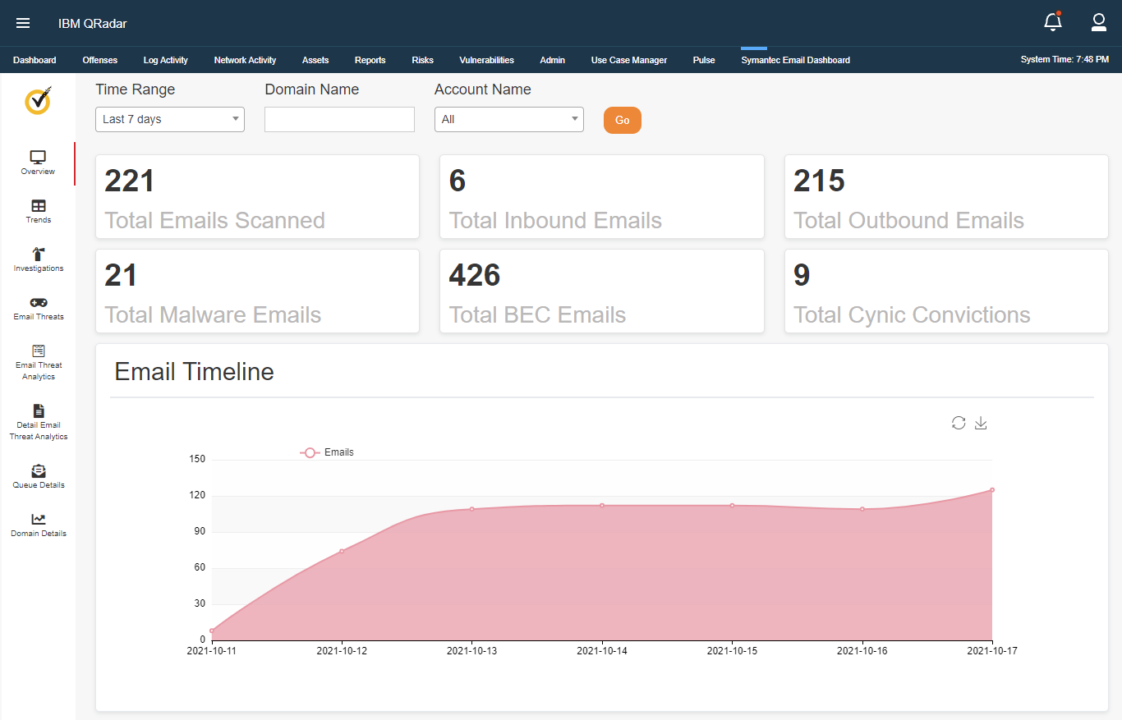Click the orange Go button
[x=622, y=120]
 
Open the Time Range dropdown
[x=170, y=119]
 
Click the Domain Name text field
[x=339, y=119]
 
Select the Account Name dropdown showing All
[x=508, y=119]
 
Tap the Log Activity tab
[x=165, y=60]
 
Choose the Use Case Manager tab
[x=628, y=60]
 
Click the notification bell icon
[x=1052, y=23]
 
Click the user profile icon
[x=1098, y=23]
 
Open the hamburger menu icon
[x=23, y=23]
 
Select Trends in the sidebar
[x=39, y=211]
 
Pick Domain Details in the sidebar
[x=39, y=525]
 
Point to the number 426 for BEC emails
[x=475, y=276]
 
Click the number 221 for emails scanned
[x=130, y=181]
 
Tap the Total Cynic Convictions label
[x=912, y=315]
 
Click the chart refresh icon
[x=959, y=423]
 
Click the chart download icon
[x=980, y=423]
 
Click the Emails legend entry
[x=328, y=452]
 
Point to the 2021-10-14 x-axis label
[x=602, y=651]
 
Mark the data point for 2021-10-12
[x=342, y=551]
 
